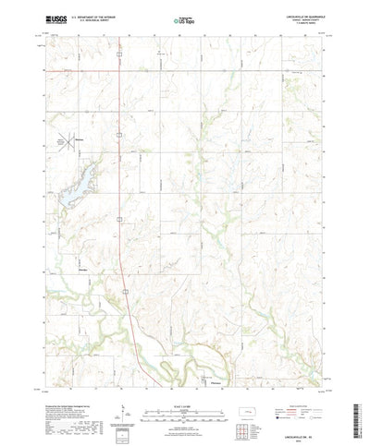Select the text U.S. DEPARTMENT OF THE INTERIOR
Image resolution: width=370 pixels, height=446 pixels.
(x=91, y=16)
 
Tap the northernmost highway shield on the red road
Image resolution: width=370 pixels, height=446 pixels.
(x=120, y=134)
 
